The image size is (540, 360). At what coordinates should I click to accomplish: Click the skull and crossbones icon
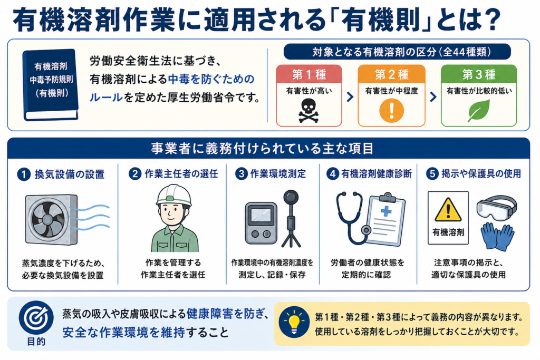click(x=308, y=111)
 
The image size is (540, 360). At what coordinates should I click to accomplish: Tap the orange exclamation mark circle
click(x=391, y=111)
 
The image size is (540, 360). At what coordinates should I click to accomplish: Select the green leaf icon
click(x=479, y=111)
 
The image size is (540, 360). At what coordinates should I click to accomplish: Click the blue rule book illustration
click(x=50, y=85)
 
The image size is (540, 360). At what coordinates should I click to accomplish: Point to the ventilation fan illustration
click(x=52, y=220)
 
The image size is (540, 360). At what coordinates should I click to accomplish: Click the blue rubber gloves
click(x=497, y=236)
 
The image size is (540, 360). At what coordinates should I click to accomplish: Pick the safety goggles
click(x=497, y=208)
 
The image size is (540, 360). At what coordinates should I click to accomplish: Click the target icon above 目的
click(x=36, y=317)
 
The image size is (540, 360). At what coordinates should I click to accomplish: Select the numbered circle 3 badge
click(x=242, y=174)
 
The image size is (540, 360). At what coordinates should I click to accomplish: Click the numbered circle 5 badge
click(x=432, y=174)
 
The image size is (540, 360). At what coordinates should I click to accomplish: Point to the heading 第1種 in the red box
click(x=309, y=74)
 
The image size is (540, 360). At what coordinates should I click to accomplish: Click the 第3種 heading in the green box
click(x=479, y=74)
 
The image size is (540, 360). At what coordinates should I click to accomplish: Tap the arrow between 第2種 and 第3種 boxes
click(x=433, y=96)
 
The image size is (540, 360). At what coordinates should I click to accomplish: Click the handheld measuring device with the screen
click(x=261, y=223)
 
